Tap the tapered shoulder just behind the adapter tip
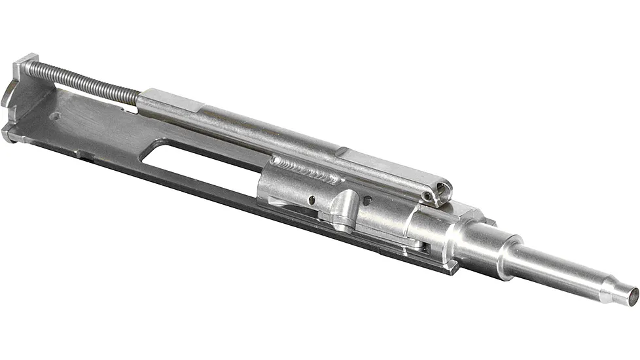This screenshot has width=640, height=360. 612,288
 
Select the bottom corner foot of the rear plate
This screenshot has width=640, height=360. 9,135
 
